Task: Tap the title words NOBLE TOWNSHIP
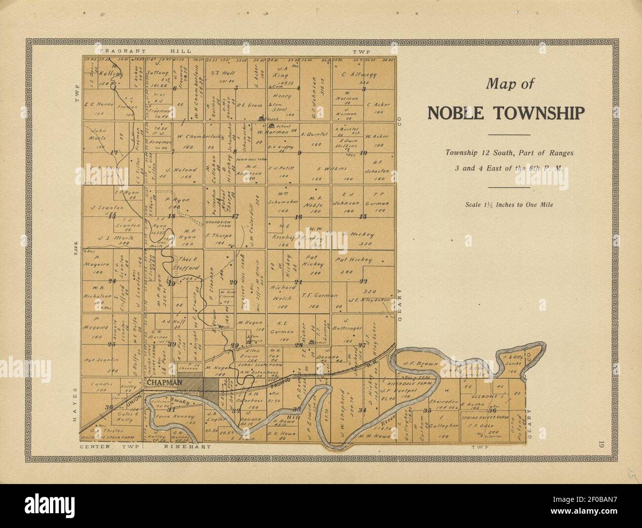coord(506,113)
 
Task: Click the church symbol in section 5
coord(262,118)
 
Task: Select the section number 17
coord(235,216)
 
